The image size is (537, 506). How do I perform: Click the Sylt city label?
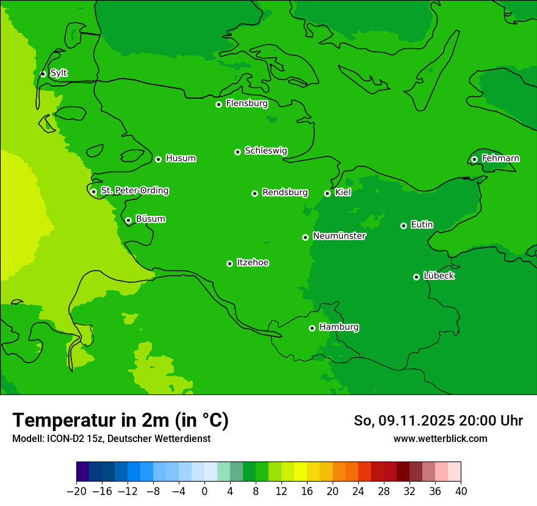[x=59, y=73]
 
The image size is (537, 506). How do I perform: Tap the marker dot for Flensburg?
[x=218, y=104]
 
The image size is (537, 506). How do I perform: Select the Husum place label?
[x=181, y=159]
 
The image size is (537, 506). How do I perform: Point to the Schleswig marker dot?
[x=237, y=152]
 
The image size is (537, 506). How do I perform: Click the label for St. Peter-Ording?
[x=134, y=191]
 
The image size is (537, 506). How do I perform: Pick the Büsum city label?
[x=150, y=219]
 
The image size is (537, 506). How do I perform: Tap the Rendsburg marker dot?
[x=254, y=193]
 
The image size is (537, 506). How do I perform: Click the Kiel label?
[x=343, y=193]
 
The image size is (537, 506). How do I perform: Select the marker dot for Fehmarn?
[x=474, y=159]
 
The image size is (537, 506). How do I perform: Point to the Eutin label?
[x=422, y=224]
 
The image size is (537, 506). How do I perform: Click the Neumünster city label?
[x=339, y=236]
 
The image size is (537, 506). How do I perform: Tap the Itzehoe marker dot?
[x=229, y=263]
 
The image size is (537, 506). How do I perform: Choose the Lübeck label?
[x=439, y=276]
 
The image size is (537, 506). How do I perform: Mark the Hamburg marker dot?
[x=312, y=328]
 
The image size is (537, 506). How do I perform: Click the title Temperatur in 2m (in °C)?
[x=120, y=420]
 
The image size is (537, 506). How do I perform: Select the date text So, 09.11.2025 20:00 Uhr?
[x=438, y=421]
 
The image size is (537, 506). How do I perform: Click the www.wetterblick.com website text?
[x=440, y=438]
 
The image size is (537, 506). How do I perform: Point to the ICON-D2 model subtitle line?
[x=111, y=438]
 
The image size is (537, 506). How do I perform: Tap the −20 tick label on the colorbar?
[x=76, y=491]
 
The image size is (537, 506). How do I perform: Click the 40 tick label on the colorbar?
[x=461, y=491]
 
